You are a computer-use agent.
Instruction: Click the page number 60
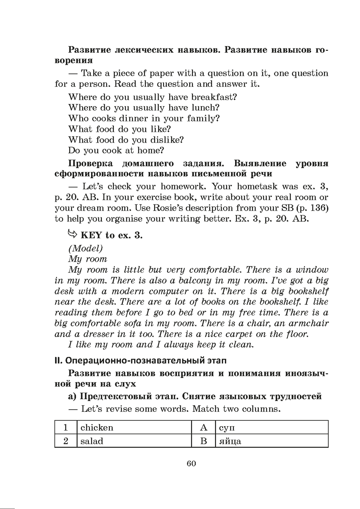point(191,463)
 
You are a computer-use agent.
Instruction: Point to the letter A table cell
point(203,428)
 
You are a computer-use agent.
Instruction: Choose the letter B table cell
point(203,441)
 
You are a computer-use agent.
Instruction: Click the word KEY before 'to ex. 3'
point(92,235)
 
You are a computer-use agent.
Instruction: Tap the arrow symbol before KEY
point(73,235)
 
